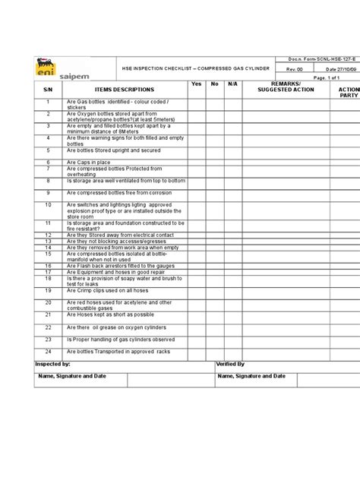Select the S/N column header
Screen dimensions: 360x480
(47, 89)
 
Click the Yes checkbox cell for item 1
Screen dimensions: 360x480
(197, 104)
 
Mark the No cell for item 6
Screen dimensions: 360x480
(215, 162)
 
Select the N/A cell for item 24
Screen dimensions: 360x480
(233, 352)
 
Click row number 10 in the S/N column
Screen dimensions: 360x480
(47, 205)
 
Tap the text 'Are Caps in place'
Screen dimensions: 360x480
(89, 162)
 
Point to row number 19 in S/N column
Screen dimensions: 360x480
(47, 290)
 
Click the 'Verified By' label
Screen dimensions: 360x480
(230, 365)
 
